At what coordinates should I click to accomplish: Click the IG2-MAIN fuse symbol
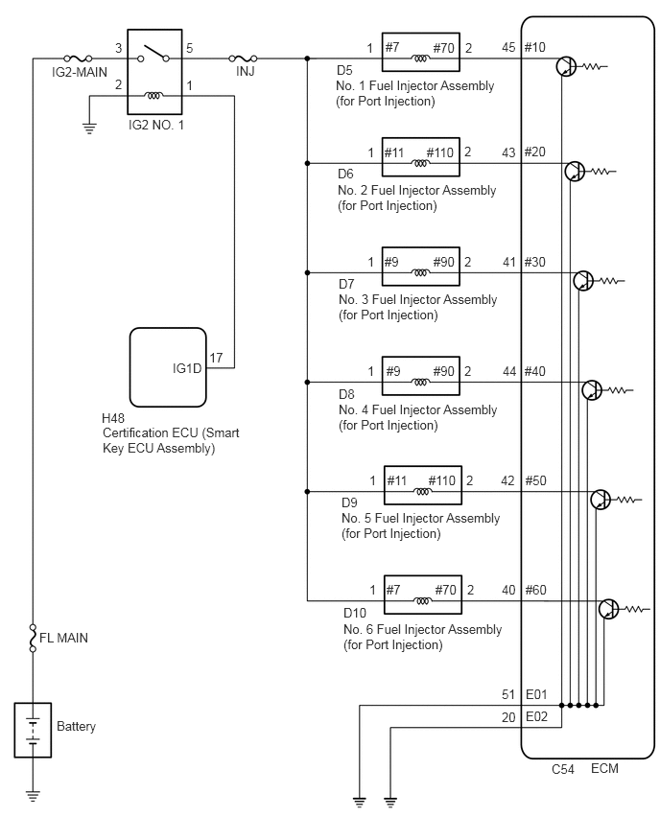pyautogui.click(x=79, y=58)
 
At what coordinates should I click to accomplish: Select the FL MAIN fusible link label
pyautogui.click(x=63, y=638)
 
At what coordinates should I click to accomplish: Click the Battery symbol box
pyautogui.click(x=33, y=730)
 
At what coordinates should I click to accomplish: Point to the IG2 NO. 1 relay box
pyautogui.click(x=154, y=71)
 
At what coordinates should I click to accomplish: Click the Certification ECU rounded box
pyautogui.click(x=168, y=367)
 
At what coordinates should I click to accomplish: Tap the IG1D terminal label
pyautogui.click(x=187, y=368)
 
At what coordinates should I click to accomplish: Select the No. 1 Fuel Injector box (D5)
pyautogui.click(x=421, y=52)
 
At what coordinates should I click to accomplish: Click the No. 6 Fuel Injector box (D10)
pyautogui.click(x=423, y=594)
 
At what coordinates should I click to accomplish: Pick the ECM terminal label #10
pyautogui.click(x=535, y=47)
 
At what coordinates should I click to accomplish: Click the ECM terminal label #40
pyautogui.click(x=535, y=371)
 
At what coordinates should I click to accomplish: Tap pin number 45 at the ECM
pyautogui.click(x=508, y=47)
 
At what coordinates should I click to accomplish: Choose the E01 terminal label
pyautogui.click(x=536, y=694)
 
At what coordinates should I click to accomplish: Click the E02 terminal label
pyautogui.click(x=536, y=716)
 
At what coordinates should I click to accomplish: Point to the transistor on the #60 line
pyautogui.click(x=608, y=609)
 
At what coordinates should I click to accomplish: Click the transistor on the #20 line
pyautogui.click(x=575, y=171)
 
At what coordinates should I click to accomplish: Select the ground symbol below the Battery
pyautogui.click(x=33, y=796)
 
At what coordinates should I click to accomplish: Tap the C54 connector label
pyautogui.click(x=563, y=769)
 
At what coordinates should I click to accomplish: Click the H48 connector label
pyautogui.click(x=113, y=418)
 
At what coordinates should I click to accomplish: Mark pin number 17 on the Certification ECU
pyautogui.click(x=216, y=358)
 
